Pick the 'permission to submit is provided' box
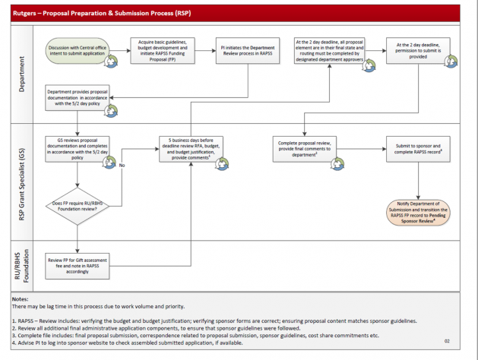point(419,49)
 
